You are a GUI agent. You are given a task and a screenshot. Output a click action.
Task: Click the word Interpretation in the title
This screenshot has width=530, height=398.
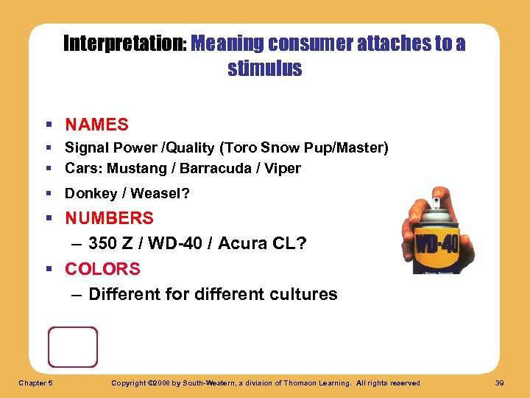coord(124,44)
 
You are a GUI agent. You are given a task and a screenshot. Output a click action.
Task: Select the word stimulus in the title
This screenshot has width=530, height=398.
coord(265,69)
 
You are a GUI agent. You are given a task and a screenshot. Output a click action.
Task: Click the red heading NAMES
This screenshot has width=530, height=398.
coord(96,125)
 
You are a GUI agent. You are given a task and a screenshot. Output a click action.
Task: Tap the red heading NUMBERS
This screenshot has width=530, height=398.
coord(109,218)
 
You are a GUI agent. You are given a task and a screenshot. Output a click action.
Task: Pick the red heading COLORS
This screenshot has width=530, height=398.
coord(102,269)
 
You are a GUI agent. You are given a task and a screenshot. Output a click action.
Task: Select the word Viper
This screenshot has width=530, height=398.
coord(283,168)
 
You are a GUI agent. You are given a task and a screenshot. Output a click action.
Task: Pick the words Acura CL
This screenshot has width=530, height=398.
coord(258,243)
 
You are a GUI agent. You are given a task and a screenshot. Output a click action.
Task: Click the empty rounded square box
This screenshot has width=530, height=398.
coord(72,347)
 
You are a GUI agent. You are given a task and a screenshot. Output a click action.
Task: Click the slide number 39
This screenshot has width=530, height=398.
coord(501,383)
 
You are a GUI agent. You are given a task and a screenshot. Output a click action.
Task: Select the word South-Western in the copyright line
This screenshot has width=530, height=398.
coord(225,383)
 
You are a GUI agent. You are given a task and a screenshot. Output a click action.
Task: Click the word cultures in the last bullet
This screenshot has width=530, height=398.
coord(303,295)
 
